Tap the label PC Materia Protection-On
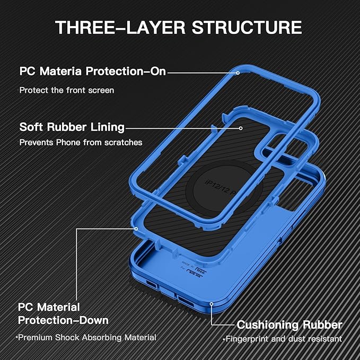(x=93, y=72)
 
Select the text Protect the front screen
(x=67, y=90)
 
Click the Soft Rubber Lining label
(x=72, y=127)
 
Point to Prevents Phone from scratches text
(x=81, y=142)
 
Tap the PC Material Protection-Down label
(x=63, y=314)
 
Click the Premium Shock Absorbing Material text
(x=86, y=337)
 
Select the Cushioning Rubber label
(x=289, y=324)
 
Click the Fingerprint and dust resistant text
(x=283, y=339)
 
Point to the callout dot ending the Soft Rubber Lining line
(x=241, y=127)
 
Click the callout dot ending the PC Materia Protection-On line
(x=238, y=72)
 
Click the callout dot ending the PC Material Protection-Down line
(x=136, y=229)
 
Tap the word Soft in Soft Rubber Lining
(x=31, y=127)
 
